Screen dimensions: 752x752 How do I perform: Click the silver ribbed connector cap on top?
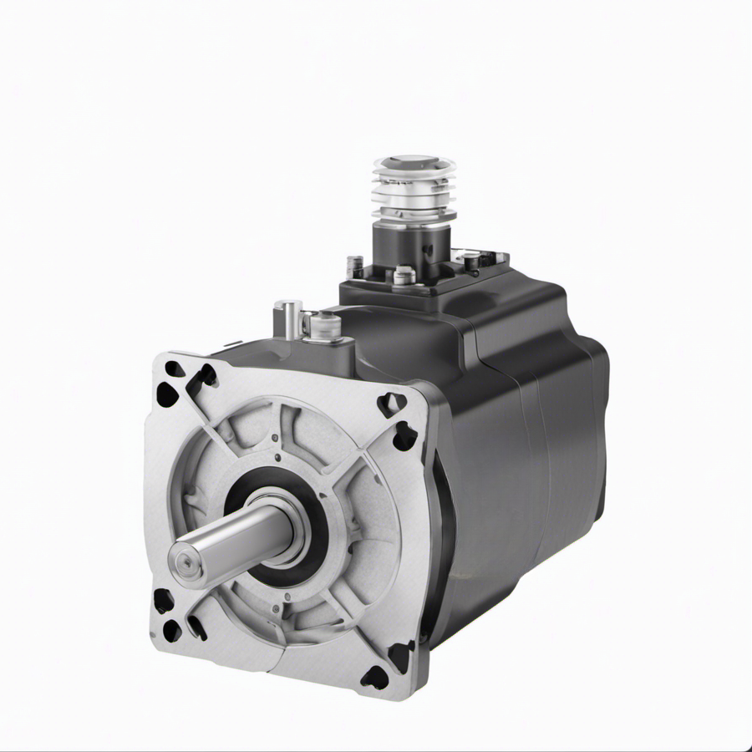414,188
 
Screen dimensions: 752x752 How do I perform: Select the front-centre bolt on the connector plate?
404,274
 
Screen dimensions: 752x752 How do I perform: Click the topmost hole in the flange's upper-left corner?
175,368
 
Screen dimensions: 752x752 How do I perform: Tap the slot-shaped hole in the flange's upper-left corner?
201,378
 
